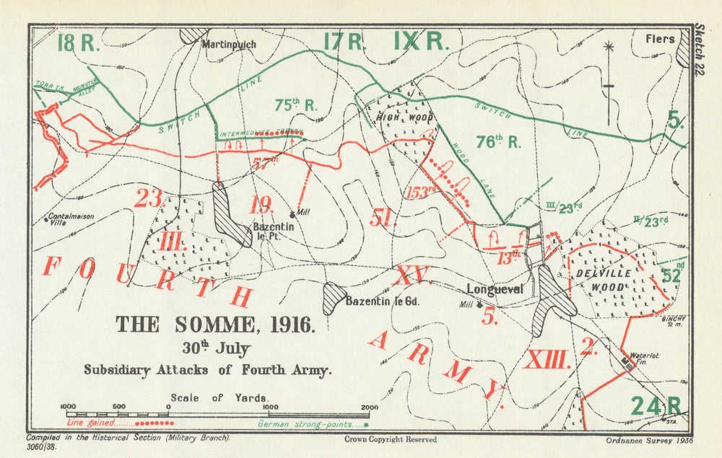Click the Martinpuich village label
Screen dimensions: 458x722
click(x=228, y=44)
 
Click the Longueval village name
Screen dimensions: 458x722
click(x=494, y=289)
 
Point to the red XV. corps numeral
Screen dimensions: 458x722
click(x=412, y=275)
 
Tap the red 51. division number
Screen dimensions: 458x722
click(x=383, y=217)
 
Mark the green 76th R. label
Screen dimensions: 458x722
click(x=499, y=142)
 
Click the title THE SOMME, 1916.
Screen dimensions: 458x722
click(x=216, y=325)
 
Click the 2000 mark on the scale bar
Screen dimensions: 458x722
click(x=369, y=407)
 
